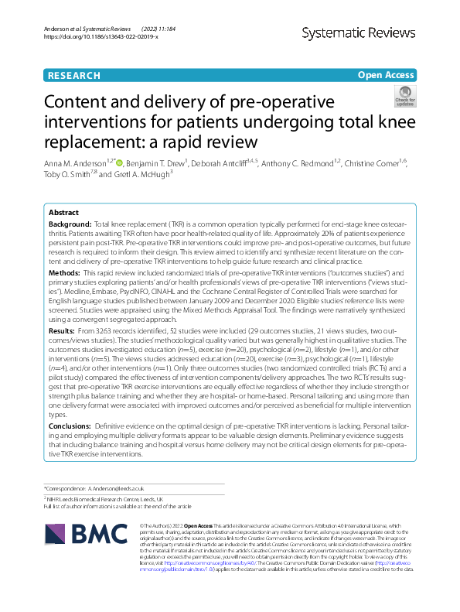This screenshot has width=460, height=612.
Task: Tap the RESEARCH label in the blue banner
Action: coord(73,75)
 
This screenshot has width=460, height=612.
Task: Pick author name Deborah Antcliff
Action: coord(220,165)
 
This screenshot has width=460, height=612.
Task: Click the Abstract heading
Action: coord(63,212)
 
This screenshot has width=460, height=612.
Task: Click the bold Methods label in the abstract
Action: coord(64,273)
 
